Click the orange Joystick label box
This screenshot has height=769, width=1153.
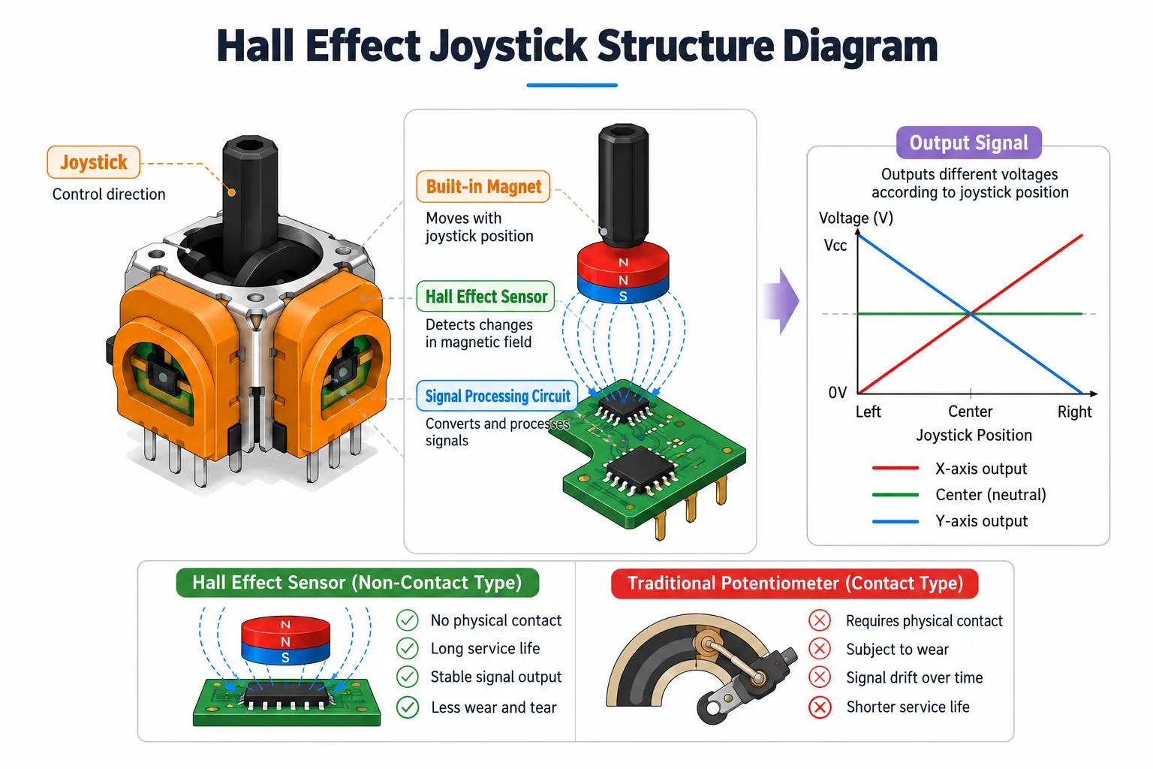click(x=93, y=162)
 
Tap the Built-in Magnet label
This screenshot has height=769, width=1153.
click(x=483, y=186)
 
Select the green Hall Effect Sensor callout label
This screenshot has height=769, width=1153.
click(x=486, y=296)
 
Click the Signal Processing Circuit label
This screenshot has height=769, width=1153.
click(x=497, y=396)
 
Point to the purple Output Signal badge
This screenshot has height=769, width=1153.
click(x=969, y=143)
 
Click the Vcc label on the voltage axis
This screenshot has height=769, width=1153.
click(x=835, y=245)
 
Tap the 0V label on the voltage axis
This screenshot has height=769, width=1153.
click(x=838, y=393)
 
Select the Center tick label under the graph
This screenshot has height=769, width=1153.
click(x=971, y=412)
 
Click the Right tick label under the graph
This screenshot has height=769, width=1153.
click(x=1075, y=412)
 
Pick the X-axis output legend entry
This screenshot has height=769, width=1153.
click(x=950, y=469)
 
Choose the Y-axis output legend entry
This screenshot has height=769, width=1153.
click(x=950, y=521)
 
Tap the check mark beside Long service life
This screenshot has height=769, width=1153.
click(x=407, y=649)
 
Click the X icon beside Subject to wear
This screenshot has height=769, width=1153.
click(x=820, y=649)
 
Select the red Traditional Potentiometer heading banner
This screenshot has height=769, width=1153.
click(x=795, y=584)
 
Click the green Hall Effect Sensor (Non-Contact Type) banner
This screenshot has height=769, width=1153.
click(x=357, y=583)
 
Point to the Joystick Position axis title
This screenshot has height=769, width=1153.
click(x=974, y=436)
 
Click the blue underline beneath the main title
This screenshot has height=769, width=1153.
click(x=572, y=85)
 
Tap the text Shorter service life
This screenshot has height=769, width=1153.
click(x=908, y=707)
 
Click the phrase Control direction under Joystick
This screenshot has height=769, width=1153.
click(x=109, y=195)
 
